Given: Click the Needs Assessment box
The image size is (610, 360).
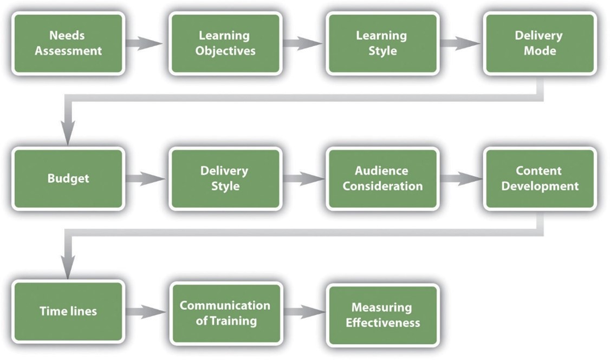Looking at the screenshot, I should point(68,43).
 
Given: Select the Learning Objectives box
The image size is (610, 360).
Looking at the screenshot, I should point(225,43).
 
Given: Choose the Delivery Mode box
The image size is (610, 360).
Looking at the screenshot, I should point(540,43).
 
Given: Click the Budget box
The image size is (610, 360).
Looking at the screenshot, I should point(68,179).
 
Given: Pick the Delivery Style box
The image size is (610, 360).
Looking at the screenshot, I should point(225,179).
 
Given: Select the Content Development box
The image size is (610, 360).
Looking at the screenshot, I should point(540,179).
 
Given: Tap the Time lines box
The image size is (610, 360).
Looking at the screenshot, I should point(68,312).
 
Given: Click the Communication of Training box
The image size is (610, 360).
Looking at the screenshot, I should point(225,313).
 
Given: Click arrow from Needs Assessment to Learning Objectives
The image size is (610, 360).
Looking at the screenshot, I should point(145,43).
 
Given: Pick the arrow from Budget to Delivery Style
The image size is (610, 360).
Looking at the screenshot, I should point(145,179).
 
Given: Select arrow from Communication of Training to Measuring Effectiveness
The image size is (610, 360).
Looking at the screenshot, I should point(303,312).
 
